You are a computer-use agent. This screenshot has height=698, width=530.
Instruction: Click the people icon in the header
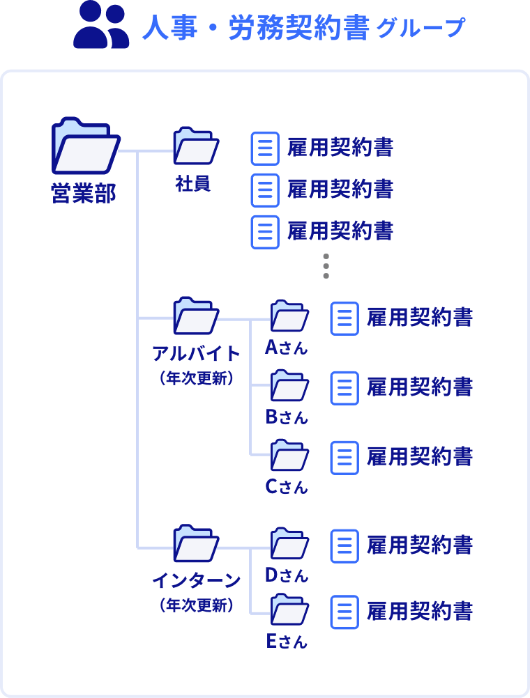[x=101, y=26]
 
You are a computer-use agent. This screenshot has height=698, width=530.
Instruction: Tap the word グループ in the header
[x=421, y=29]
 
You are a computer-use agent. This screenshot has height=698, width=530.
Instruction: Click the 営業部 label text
[x=84, y=193]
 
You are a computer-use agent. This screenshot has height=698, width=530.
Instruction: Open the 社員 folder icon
[x=196, y=146]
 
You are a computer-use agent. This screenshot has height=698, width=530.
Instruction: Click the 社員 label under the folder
[x=193, y=185]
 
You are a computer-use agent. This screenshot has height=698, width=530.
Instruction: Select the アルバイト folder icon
[x=196, y=316]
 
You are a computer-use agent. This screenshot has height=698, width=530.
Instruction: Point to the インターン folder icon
[x=196, y=544]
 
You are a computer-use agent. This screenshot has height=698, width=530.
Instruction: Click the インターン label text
[x=196, y=580]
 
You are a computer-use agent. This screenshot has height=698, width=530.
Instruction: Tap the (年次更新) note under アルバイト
[x=196, y=380]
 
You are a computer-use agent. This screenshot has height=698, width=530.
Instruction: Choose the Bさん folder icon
[x=289, y=385]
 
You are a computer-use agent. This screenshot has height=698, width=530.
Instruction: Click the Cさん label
[x=287, y=487]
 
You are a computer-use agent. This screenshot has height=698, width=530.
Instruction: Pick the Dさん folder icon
[x=289, y=543]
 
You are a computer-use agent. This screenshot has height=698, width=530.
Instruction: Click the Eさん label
[x=287, y=642]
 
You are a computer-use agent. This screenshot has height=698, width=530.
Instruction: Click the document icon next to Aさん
[x=344, y=318]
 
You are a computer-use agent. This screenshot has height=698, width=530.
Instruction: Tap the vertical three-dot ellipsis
[x=326, y=266]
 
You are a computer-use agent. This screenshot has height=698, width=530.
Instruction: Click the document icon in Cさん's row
[x=344, y=458]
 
